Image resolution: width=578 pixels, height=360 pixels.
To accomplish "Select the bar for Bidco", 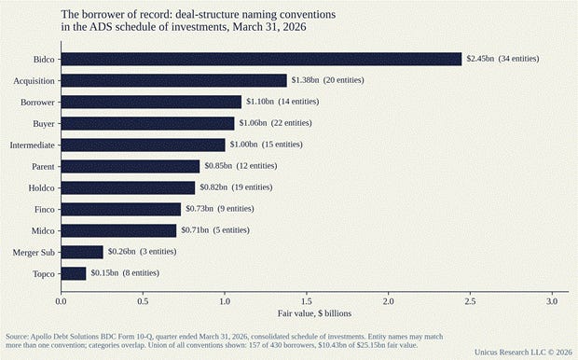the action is [x=261, y=59].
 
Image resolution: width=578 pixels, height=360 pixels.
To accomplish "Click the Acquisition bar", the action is [x=174, y=80].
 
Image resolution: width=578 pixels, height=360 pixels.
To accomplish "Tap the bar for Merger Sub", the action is [x=82, y=252].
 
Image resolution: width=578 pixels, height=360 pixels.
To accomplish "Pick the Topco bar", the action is [x=74, y=273].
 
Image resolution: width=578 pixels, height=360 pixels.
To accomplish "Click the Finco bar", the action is [x=121, y=209].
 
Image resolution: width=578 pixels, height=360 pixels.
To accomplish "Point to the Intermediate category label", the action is [x=32, y=145].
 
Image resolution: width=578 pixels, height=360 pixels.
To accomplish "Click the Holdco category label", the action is [x=41, y=188].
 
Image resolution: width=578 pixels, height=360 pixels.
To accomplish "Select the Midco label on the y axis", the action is [x=43, y=231].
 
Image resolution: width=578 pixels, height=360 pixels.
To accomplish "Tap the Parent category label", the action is [x=43, y=167].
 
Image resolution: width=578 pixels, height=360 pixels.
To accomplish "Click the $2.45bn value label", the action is [x=480, y=59].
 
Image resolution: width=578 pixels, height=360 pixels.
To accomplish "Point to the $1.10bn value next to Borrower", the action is [x=260, y=102].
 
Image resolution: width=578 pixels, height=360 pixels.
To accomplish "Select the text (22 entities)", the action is [x=291, y=123].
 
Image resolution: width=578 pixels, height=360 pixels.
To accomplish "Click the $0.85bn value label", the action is [x=218, y=166].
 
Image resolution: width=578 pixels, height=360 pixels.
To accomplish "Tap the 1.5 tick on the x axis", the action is [x=307, y=301].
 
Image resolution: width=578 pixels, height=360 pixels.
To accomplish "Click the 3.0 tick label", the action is [x=552, y=301].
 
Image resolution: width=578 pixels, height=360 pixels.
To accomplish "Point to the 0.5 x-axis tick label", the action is [x=143, y=301].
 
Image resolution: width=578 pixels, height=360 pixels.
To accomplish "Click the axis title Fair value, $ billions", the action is [x=314, y=313].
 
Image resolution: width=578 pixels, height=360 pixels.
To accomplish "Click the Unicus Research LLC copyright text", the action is [x=523, y=353].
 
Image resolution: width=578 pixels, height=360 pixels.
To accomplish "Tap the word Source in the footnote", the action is [x=17, y=337].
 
